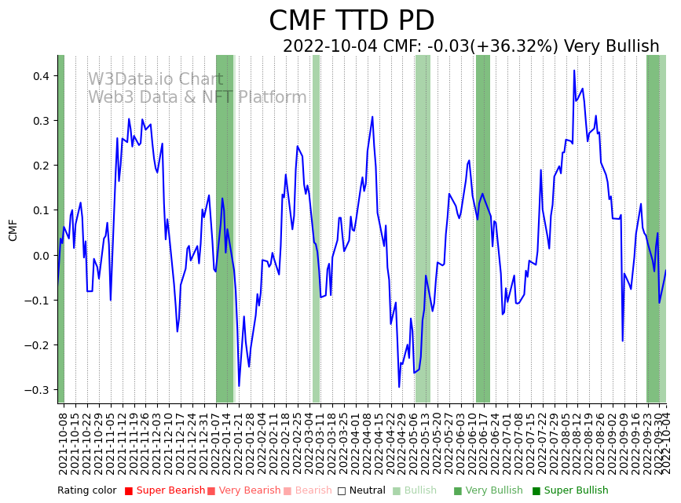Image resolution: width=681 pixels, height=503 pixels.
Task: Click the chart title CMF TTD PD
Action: click(351, 21)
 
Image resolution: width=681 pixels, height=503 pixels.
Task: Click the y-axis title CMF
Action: click(13, 230)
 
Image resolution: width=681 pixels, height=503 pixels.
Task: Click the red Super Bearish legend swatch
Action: click(129, 491)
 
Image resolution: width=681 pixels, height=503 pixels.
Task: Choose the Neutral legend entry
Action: click(363, 491)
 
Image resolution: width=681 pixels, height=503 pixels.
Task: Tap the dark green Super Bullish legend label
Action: click(576, 491)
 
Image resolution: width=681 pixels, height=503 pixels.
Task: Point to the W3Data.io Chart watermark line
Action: click(156, 80)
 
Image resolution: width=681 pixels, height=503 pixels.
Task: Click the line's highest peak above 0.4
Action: click(574, 71)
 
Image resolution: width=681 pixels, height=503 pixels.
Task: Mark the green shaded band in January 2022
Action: click(225, 228)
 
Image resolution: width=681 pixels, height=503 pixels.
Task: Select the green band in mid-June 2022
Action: click(482, 228)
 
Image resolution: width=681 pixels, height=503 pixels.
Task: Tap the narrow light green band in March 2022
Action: click(316, 228)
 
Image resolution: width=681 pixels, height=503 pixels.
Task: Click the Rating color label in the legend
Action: click(86, 491)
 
